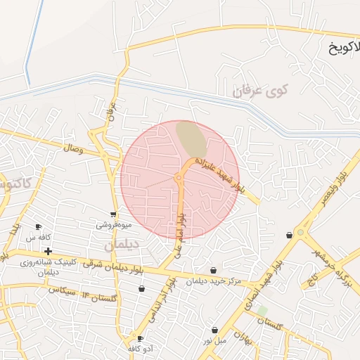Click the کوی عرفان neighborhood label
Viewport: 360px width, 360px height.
[x=262, y=90]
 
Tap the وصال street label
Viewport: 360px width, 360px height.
[x=72, y=149]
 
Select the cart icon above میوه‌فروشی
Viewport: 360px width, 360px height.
[x=113, y=214]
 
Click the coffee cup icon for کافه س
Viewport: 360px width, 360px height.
[x=38, y=226]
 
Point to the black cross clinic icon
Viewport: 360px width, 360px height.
[x=48, y=251]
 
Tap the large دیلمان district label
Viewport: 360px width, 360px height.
[x=122, y=245]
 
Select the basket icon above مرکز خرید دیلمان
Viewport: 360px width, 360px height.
[x=213, y=270]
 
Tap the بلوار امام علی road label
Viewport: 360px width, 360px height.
[x=180, y=229]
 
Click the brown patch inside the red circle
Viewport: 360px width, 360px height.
[x=191, y=139]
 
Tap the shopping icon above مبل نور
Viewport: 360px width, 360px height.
[x=214, y=330]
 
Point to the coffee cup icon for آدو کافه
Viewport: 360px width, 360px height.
[x=140, y=338]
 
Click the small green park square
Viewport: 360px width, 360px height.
[x=262, y=310]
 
